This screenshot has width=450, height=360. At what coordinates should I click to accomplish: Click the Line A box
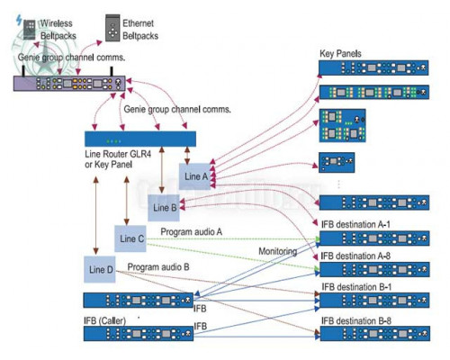[x=195, y=176]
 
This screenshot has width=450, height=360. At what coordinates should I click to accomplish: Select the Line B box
[x=164, y=208]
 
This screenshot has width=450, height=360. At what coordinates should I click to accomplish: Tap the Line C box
[x=130, y=238]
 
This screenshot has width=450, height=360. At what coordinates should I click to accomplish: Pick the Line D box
[x=100, y=269]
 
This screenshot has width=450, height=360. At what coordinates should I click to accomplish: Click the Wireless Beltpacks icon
[x=30, y=30]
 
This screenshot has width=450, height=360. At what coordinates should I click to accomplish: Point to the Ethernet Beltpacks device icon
[x=112, y=29]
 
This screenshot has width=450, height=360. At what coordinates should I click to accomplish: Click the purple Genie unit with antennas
[x=69, y=83]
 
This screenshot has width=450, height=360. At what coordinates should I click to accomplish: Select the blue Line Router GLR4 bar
[x=140, y=139]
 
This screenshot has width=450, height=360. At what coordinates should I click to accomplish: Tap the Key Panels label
[x=340, y=54]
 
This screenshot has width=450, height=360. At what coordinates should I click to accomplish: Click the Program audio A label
[x=192, y=231]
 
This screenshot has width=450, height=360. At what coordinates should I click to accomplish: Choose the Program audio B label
[x=158, y=267]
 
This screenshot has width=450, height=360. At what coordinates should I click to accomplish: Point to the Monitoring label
[x=278, y=251]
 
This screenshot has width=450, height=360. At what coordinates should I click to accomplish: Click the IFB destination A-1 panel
[x=374, y=238]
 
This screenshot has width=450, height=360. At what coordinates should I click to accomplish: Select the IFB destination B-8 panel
[x=375, y=333]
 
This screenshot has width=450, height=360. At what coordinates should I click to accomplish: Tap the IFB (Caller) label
[x=104, y=320]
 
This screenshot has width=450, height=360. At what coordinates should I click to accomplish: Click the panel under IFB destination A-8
[x=374, y=270]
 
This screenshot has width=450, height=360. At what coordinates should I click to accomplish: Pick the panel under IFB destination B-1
[x=374, y=301]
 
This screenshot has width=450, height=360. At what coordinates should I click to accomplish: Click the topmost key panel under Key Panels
[x=373, y=67]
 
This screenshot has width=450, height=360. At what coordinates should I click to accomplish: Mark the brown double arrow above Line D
[x=95, y=215]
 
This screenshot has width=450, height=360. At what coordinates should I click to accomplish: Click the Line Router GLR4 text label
[x=118, y=154]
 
